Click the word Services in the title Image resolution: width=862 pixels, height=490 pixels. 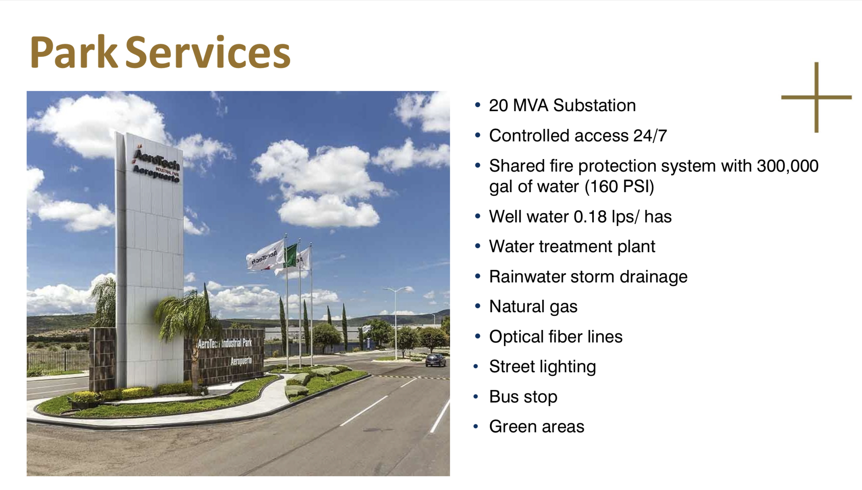208,52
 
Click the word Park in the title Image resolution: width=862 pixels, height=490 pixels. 74,52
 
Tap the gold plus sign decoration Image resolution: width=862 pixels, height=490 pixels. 816,97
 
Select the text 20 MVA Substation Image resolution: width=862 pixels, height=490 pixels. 562,106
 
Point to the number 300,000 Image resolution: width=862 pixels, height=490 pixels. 787,166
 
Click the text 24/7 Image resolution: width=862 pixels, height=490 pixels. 650,136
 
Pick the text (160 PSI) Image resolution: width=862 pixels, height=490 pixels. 619,187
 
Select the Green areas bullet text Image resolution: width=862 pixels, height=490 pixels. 537,427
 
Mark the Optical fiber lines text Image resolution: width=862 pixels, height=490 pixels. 556,337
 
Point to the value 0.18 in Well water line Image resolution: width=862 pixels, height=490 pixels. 590,217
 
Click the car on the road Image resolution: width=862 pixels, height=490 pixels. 435,360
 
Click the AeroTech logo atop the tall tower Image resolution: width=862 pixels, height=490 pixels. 156,166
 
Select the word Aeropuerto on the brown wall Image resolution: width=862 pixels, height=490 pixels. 241,361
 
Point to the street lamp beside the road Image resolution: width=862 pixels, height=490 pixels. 396,322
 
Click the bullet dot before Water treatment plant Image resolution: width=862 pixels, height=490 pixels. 478,246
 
